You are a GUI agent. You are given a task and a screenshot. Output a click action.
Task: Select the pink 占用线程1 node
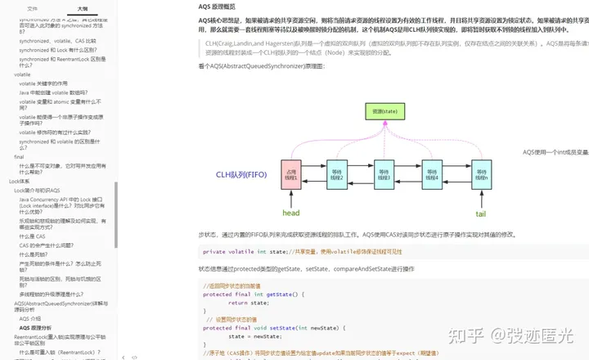292,174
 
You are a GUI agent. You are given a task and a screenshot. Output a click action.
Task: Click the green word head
291,213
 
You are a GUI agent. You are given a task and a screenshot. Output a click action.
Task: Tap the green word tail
481,213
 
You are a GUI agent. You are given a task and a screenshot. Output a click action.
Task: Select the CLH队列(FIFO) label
242,174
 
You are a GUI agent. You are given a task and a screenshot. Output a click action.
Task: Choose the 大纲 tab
83,7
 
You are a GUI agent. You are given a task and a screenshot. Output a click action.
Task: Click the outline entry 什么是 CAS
32,236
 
